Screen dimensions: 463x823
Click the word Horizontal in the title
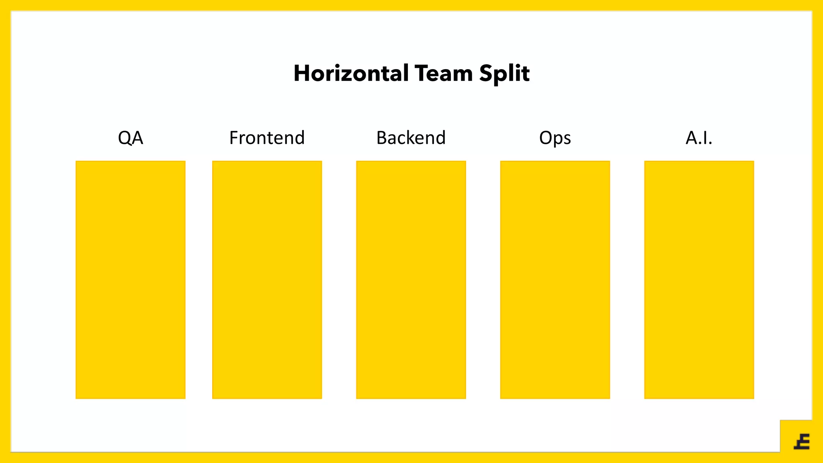click(351, 74)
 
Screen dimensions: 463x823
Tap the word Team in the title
click(443, 74)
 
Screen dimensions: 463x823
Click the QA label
click(131, 138)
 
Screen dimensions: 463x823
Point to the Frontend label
click(267, 138)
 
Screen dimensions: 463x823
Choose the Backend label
click(411, 138)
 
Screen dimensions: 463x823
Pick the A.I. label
click(699, 138)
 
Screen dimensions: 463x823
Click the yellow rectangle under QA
click(131, 280)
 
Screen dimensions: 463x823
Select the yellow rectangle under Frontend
click(267, 280)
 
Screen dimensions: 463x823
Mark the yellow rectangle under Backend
click(411, 280)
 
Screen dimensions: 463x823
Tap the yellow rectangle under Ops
click(555, 280)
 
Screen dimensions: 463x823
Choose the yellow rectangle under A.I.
click(699, 280)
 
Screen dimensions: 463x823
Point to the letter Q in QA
click(125, 138)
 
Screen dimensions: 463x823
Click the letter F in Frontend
click(233, 138)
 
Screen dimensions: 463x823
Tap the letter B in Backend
click(381, 138)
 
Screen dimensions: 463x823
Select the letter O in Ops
click(546, 138)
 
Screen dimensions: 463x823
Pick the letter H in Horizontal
click(301, 74)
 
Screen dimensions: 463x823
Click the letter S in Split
click(486, 74)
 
